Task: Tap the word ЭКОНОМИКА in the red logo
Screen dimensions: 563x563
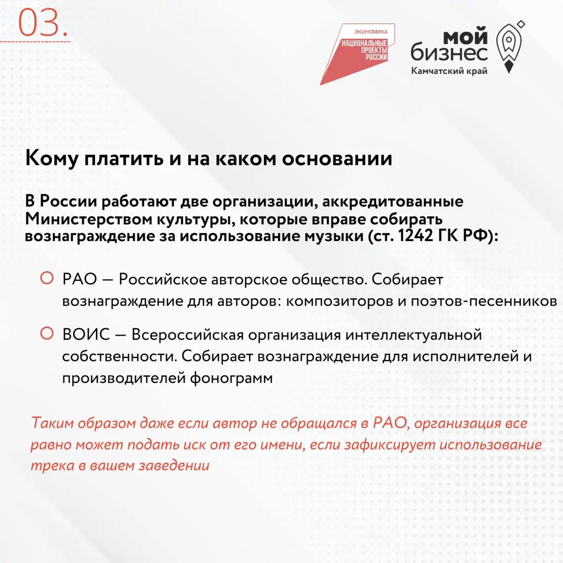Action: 371,32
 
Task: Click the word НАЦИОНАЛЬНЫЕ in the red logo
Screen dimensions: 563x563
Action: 364,43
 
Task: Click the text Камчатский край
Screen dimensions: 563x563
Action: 450,71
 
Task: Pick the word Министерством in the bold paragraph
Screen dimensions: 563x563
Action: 88,219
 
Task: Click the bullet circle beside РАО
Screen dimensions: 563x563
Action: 47,278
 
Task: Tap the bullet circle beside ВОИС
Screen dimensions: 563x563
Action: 47,333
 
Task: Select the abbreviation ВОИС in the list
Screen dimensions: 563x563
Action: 86,334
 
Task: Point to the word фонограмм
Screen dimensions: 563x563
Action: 231,378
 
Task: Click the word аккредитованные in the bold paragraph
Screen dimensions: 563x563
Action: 393,201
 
